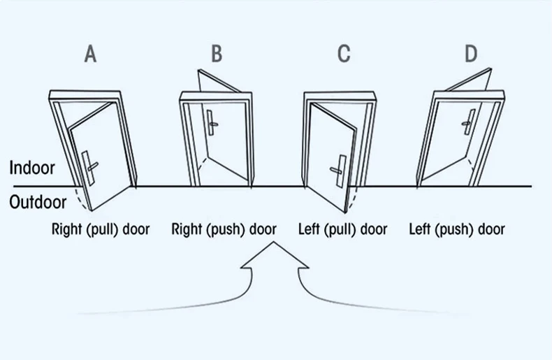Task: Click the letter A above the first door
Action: [90, 55]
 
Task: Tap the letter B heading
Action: [217, 54]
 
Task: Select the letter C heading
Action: [344, 54]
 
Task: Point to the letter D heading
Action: [471, 54]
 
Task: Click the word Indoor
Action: [32, 168]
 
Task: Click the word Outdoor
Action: [38, 202]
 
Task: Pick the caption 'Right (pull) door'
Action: [101, 229]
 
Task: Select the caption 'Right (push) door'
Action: [224, 229]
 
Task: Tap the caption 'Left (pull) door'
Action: [343, 229]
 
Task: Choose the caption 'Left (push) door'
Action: [457, 229]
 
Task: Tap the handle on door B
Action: [211, 123]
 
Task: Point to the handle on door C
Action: [339, 171]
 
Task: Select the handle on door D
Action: [469, 122]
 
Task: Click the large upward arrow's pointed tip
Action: [274, 242]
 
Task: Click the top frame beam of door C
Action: [340, 96]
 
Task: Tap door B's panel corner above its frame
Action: [199, 70]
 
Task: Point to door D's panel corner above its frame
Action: [491, 69]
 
